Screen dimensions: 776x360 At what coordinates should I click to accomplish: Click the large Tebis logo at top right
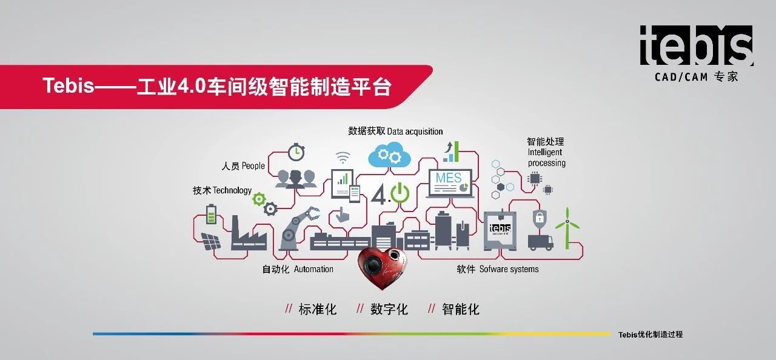click(697, 45)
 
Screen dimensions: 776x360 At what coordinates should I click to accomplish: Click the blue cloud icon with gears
click(389, 155)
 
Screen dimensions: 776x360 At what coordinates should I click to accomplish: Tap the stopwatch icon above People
click(296, 152)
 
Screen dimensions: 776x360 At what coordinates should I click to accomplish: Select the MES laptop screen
click(450, 183)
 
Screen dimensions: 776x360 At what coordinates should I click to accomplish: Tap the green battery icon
click(211, 214)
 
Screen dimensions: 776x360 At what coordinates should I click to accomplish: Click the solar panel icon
click(211, 241)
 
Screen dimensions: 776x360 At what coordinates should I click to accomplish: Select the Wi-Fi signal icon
click(343, 158)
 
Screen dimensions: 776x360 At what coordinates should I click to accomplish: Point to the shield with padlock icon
click(540, 218)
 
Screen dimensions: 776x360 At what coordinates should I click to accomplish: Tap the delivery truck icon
click(540, 242)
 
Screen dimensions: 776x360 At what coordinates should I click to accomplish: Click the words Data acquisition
click(415, 132)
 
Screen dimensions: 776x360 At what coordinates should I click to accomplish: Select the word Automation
click(313, 269)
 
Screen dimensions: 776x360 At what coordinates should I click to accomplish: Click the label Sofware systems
click(509, 269)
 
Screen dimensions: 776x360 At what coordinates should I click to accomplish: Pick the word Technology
click(232, 190)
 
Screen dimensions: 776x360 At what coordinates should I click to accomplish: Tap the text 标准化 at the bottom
click(317, 309)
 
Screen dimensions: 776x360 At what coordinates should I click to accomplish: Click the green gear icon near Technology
click(259, 199)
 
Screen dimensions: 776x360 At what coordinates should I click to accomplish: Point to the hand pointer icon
click(343, 215)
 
